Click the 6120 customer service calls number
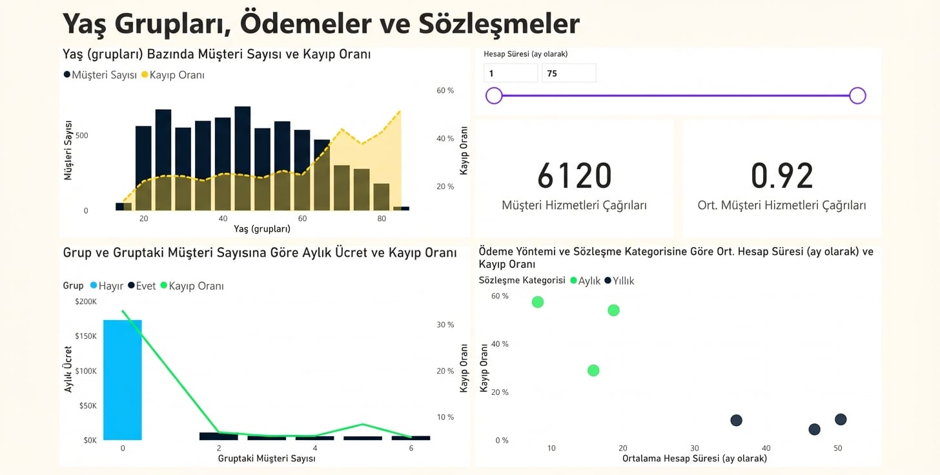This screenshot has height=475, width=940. [574, 176]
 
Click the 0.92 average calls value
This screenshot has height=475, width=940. [781, 176]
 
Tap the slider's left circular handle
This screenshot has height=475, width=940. [494, 96]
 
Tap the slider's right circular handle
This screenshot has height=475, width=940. [857, 96]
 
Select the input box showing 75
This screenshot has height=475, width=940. [568, 74]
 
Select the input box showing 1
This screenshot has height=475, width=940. [510, 74]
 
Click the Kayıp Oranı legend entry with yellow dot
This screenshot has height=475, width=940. [172, 76]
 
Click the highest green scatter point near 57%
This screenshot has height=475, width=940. [538, 302]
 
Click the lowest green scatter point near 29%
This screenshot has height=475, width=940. [593, 370]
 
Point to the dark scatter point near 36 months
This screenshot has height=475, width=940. [736, 421]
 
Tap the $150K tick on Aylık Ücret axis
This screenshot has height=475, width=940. [86, 336]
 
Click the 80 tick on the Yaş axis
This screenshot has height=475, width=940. [382, 219]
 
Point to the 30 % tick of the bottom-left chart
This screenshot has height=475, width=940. [445, 325]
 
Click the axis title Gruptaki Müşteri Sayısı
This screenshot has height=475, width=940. [266, 458]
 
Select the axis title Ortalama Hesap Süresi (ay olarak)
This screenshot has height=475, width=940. [694, 458]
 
